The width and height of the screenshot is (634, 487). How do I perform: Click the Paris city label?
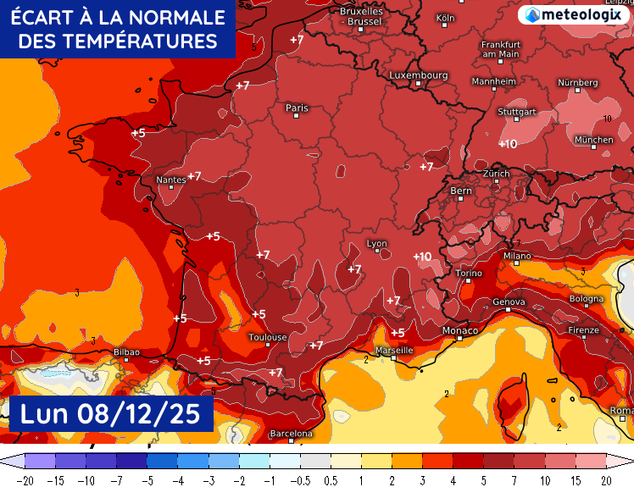(x=297, y=108)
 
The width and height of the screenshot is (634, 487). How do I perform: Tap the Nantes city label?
(x=171, y=180)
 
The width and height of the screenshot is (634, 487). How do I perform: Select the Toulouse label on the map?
(x=267, y=337)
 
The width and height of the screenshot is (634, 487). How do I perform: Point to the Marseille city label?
(x=393, y=350)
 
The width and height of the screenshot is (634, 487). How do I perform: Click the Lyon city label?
(x=376, y=244)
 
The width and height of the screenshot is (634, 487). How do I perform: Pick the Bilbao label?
(x=126, y=351)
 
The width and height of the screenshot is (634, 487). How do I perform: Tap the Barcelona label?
(x=291, y=434)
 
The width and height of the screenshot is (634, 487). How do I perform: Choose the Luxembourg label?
(x=418, y=75)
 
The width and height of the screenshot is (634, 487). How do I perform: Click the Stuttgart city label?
(x=517, y=112)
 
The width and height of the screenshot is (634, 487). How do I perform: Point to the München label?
(x=593, y=140)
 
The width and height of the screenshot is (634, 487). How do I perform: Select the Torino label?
(x=469, y=274)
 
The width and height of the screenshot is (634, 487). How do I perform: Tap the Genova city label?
(x=509, y=302)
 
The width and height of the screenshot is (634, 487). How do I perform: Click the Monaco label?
(x=460, y=330)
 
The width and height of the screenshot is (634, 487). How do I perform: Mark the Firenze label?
(x=584, y=330)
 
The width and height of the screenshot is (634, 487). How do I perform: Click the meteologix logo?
(x=574, y=14)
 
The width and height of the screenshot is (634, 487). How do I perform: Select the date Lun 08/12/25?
(x=109, y=414)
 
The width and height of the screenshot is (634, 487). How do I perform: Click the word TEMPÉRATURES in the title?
(x=117, y=42)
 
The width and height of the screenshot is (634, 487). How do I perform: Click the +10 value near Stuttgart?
(x=508, y=144)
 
